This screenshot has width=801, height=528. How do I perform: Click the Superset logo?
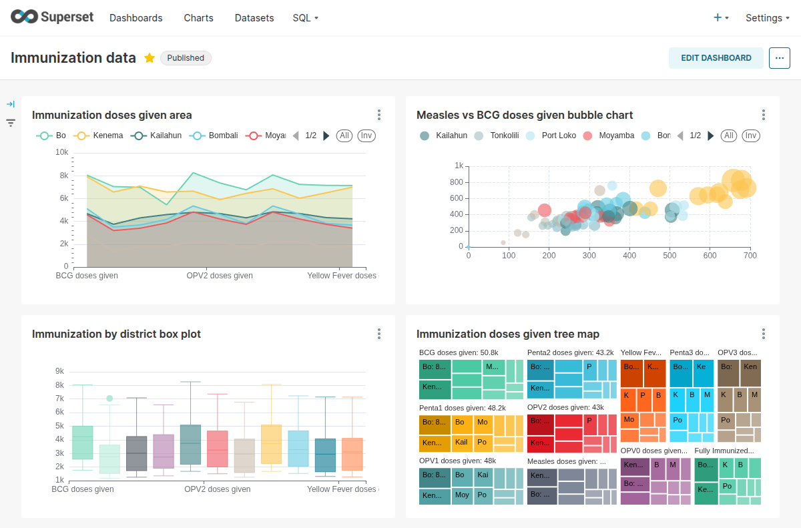tap(52, 17)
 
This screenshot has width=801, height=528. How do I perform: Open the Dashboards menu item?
tap(136, 18)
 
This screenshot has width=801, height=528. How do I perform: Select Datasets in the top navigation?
tap(254, 18)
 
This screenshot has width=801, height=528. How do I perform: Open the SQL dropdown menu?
tap(305, 18)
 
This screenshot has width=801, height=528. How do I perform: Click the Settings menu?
tap(767, 18)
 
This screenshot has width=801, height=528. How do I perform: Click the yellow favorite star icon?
tap(150, 58)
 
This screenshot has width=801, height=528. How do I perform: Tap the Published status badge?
tap(186, 58)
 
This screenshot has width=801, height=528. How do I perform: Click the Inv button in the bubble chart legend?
tap(751, 136)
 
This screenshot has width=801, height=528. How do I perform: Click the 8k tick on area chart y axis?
tap(64, 176)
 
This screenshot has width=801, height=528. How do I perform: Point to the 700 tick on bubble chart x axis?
tap(750, 256)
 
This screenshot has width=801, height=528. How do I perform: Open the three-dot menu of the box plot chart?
tap(379, 334)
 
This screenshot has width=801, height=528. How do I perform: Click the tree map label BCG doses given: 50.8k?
tap(459, 352)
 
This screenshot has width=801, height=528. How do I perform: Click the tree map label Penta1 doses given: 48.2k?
tap(462, 407)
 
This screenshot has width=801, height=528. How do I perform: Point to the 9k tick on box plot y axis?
tap(59, 371)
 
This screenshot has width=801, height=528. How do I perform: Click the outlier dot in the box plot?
tap(110, 399)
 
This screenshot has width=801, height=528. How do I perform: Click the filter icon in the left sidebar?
tap(11, 123)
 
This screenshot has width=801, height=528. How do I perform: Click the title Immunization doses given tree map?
tap(508, 334)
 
